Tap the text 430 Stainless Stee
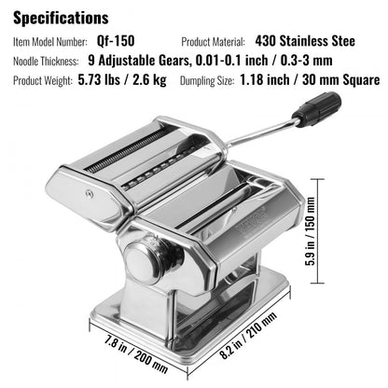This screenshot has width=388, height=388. tap(308, 43)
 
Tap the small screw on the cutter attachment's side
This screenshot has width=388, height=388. tap(89, 197)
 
